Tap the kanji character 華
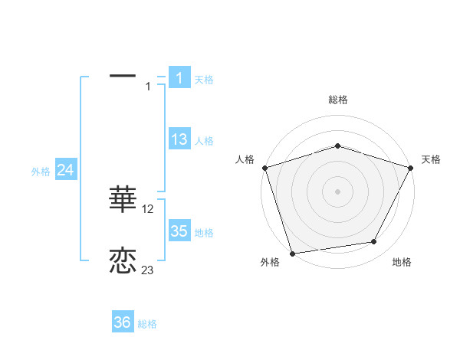[123, 198]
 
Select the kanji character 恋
[123, 260]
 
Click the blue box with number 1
[179, 77]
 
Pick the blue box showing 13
[179, 139]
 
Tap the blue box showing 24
[66, 170]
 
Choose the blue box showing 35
[179, 231]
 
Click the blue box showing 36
[123, 322]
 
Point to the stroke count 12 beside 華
[148, 208]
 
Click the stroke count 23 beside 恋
[148, 270]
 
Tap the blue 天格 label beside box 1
[204, 79]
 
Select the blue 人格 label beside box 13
[204, 141]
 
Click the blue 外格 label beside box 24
[41, 172]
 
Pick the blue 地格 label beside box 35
[204, 233]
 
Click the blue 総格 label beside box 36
[147, 324]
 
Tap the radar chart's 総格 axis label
[337, 100]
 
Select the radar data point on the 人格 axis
[264, 167]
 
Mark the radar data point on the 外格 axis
[292, 253]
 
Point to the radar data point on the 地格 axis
[374, 242]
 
